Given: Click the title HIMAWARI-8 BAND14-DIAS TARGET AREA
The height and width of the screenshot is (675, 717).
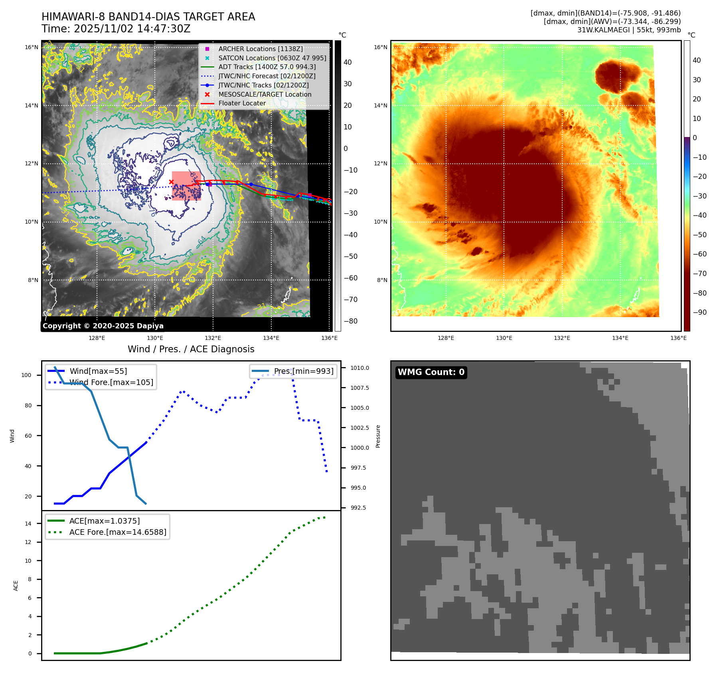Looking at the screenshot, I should [148, 17].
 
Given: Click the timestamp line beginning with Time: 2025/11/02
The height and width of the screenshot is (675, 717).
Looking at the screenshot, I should [116, 29].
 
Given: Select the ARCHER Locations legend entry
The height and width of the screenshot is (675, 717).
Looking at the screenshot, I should [260, 49].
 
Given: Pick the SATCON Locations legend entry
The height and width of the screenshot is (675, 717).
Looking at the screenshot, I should [272, 58].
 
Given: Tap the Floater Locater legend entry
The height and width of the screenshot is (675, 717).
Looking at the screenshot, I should [242, 103].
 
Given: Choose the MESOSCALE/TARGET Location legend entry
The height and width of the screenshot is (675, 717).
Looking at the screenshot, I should [265, 94].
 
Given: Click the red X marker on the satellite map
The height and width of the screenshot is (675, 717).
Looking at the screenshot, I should [171, 182].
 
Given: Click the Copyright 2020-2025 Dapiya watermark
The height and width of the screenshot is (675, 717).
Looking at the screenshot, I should [103, 326].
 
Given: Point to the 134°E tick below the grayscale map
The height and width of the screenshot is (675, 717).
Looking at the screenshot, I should [271, 338].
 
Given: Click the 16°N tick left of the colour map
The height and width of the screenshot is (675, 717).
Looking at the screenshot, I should [380, 47].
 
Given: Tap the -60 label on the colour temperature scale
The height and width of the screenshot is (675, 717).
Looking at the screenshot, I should [699, 254].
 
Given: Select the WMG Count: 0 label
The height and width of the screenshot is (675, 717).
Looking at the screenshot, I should [431, 372].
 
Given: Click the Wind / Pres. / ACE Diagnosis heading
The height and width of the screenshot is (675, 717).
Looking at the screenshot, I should [191, 349].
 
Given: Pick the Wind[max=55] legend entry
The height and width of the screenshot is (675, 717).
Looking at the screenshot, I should [98, 371].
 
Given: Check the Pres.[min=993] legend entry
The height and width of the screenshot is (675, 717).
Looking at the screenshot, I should [303, 371].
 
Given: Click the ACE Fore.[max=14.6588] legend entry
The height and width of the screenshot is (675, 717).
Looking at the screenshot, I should [118, 532].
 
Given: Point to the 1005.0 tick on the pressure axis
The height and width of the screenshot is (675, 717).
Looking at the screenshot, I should [359, 408].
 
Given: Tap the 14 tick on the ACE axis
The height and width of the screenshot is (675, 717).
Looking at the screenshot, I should [28, 524].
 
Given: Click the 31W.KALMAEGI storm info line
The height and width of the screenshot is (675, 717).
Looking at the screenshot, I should [629, 30].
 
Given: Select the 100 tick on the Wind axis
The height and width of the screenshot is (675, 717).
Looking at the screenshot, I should [26, 375].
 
